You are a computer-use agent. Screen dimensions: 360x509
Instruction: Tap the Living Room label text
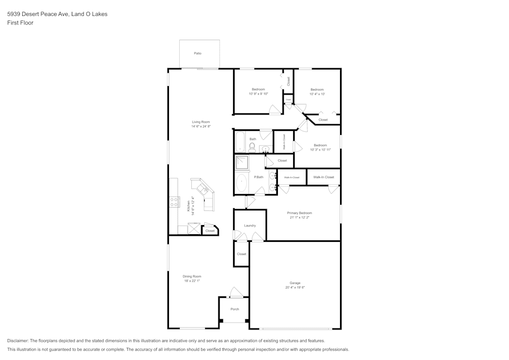[201, 122]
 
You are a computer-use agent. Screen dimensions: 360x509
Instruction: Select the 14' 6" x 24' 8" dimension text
[201, 126]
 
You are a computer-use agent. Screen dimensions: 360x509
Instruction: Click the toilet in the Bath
[252, 148]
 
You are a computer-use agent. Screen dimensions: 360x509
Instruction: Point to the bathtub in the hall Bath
[240, 142]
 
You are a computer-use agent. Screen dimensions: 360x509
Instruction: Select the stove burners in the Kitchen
[174, 202]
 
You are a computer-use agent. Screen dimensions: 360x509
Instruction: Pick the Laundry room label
[249, 225]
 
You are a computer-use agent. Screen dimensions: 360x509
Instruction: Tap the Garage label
[295, 283]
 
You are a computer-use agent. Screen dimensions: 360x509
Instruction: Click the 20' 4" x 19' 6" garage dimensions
[295, 287]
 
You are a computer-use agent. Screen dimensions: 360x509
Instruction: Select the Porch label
[235, 309]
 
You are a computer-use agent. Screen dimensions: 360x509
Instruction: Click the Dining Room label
[192, 276]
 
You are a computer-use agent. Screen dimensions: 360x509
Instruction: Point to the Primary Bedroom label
[299, 213]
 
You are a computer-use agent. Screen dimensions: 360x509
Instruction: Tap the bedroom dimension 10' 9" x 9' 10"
[258, 94]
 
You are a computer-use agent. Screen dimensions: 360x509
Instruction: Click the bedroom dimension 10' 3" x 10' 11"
[320, 150]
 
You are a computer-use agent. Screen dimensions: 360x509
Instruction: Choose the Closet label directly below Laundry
[241, 254]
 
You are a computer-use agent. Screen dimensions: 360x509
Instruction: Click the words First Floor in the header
[20, 23]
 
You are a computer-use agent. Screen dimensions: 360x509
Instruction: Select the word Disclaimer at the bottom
[18, 341]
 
